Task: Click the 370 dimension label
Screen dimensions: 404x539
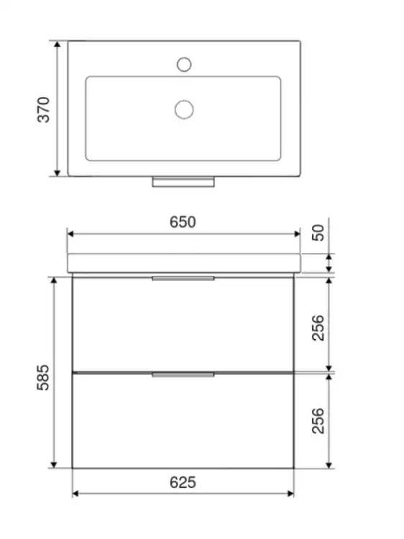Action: click(44, 110)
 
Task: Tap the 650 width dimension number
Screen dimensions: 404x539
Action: click(183, 222)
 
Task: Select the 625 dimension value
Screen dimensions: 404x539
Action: click(183, 482)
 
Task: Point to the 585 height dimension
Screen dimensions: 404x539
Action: click(43, 377)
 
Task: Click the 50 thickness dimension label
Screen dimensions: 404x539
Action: click(318, 233)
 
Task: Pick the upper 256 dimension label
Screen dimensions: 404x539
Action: click(318, 328)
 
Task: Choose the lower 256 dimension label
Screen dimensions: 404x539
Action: click(318, 420)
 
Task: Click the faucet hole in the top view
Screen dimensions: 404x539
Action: click(184, 64)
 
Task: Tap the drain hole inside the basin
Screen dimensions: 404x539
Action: click(184, 110)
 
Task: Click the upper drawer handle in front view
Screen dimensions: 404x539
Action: click(183, 278)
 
